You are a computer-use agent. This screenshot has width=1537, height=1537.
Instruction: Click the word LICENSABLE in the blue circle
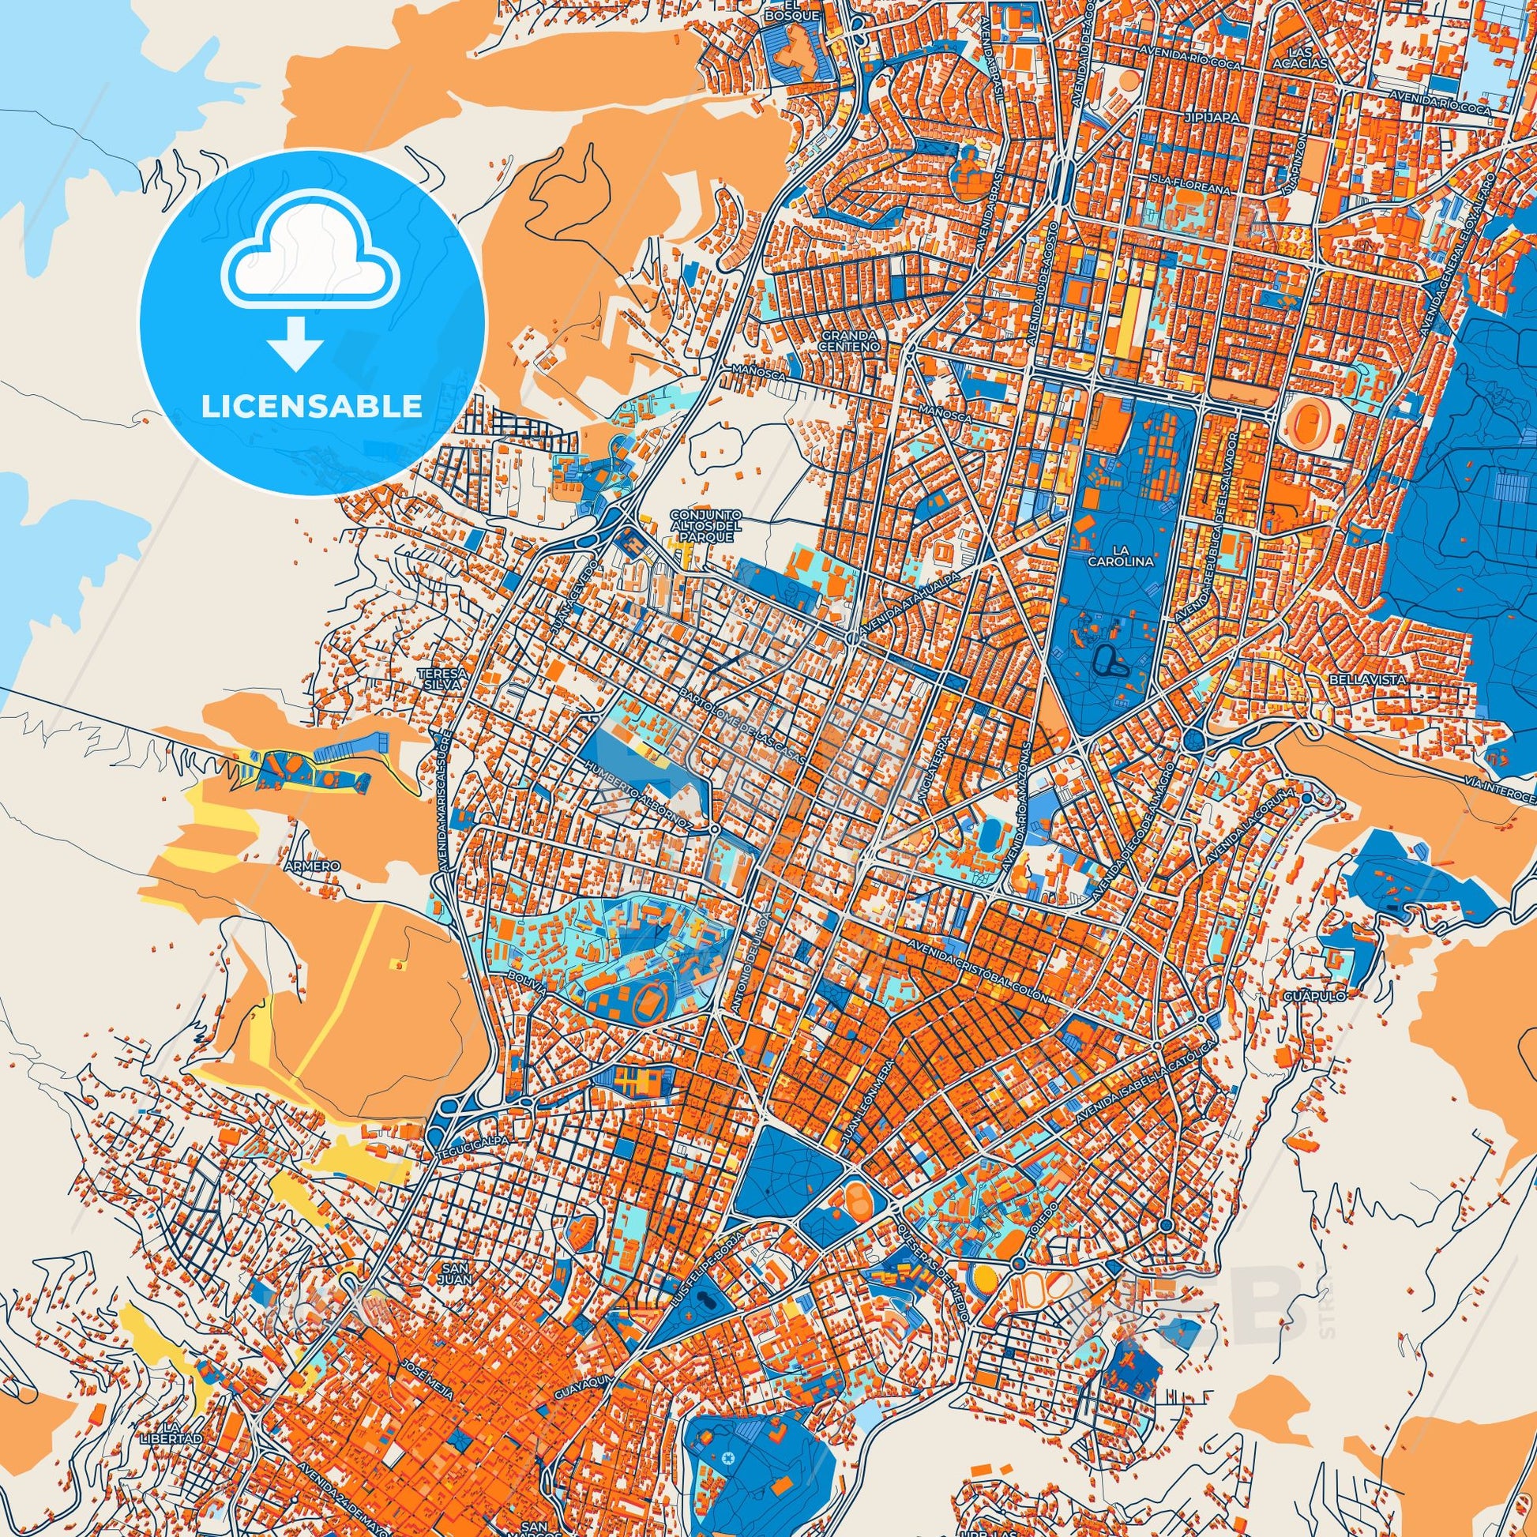point(311,407)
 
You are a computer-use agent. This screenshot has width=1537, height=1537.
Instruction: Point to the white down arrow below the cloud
point(295,343)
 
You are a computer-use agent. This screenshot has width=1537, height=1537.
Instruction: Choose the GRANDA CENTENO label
point(850,341)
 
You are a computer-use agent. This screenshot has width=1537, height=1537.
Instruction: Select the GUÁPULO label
point(1302,995)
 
